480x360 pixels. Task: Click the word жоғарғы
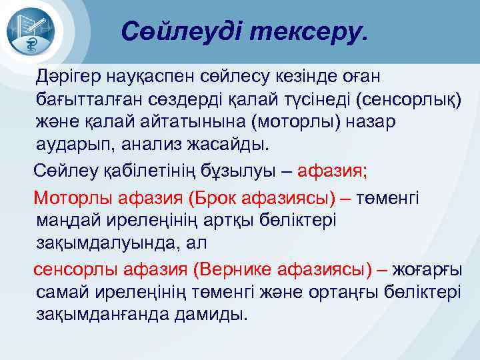(x=428, y=269)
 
